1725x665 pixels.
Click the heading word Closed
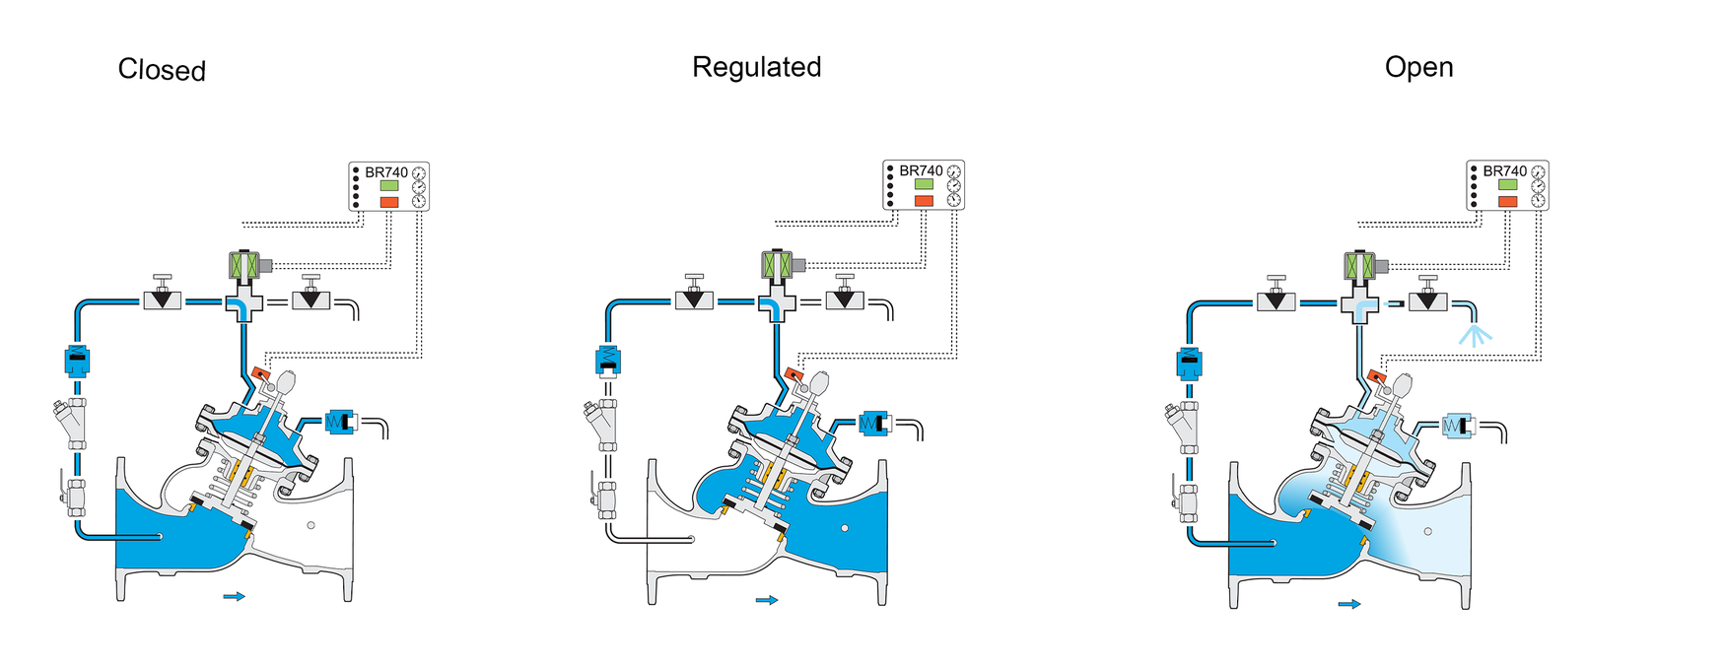(162, 70)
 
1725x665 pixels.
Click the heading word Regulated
(756, 67)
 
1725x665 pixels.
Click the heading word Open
(1418, 67)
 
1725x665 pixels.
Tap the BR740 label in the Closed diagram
(386, 172)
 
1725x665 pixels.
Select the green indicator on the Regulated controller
(924, 184)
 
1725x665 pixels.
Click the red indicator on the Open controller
(1507, 201)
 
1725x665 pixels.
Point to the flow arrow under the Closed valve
(234, 596)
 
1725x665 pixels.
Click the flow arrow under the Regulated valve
(767, 600)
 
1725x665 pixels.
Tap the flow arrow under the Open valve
(1349, 604)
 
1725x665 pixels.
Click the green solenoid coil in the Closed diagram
(242, 265)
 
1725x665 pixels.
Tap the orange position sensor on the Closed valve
(261, 374)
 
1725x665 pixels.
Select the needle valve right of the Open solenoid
(1427, 295)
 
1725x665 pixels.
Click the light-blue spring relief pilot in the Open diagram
(1457, 426)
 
